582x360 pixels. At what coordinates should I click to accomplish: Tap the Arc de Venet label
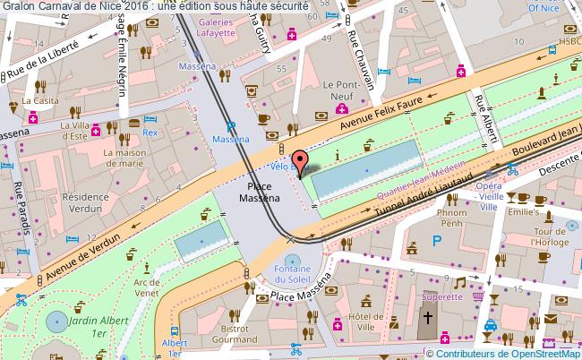(145, 287)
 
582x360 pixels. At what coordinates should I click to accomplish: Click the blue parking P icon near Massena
(230, 127)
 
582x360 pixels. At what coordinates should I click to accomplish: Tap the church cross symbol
(428, 318)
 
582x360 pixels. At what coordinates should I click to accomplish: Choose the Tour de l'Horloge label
(546, 236)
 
